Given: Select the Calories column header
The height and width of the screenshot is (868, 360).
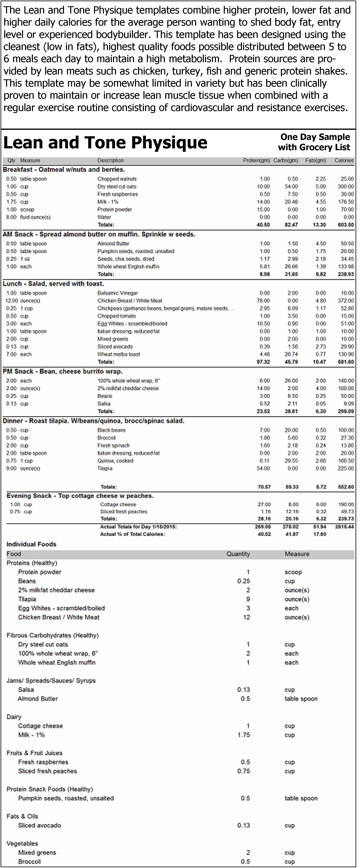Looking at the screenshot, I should coord(344,161).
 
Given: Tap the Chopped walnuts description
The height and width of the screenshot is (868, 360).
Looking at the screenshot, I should coord(117,179).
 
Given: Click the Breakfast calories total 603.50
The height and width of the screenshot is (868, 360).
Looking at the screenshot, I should coord(345,225).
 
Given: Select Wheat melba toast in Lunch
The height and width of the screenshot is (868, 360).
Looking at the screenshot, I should coord(118,354).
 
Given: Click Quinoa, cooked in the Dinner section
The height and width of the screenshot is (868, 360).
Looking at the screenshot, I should coord(115,461).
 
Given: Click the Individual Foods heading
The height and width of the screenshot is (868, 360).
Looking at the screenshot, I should coord(31,544).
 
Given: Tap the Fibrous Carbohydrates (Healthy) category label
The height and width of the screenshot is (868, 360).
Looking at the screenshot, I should coord(52,635).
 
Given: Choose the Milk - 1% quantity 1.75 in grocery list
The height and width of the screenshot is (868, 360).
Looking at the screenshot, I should coord(244,735).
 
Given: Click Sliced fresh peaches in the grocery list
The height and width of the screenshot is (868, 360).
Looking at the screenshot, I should coord(47,771).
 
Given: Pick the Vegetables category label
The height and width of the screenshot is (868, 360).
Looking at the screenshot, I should coord(22,843).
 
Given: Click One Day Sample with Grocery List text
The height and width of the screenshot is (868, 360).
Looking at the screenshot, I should coord(314,142).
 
